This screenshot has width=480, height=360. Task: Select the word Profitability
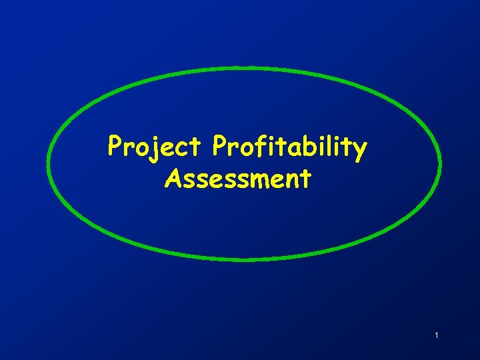point(289,147)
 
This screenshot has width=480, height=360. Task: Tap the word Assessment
point(237,178)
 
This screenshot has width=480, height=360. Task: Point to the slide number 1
point(436,335)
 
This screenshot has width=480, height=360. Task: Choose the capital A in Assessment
point(173,178)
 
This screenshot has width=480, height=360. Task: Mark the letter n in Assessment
point(290,180)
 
